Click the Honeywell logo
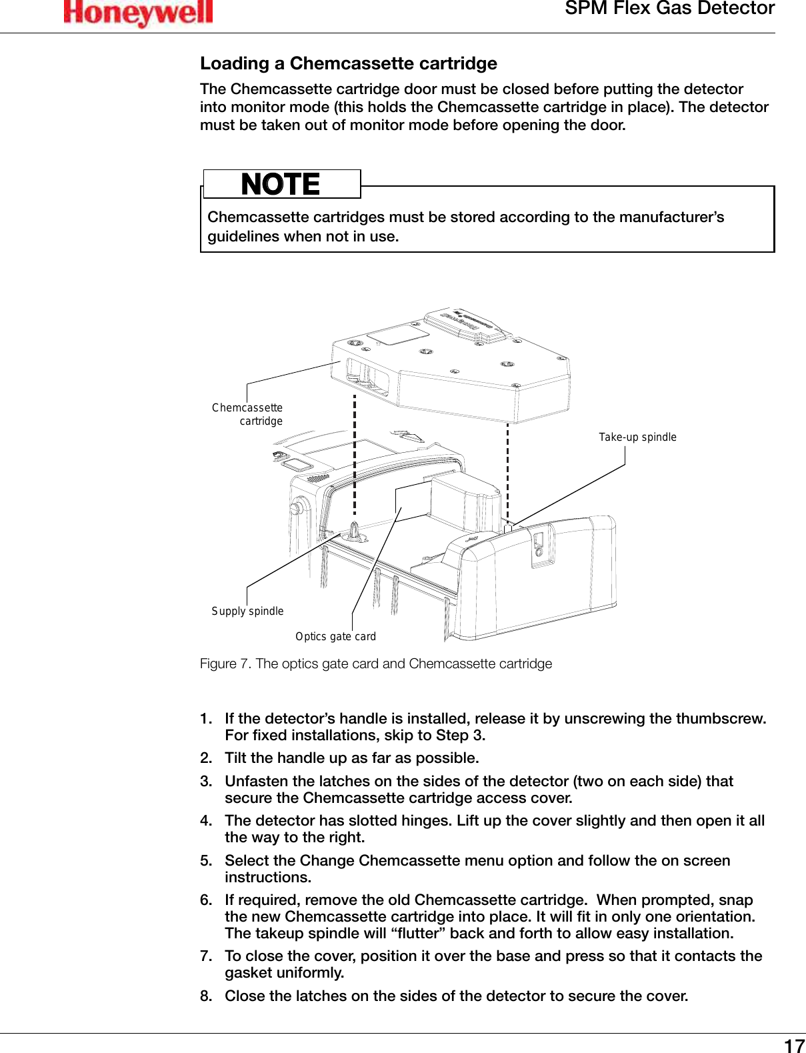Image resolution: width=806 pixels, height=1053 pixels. (x=138, y=13)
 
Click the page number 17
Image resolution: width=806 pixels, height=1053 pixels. (x=793, y=1045)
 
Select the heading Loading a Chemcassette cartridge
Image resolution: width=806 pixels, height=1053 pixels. (x=349, y=63)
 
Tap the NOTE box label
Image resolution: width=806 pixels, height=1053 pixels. (x=281, y=184)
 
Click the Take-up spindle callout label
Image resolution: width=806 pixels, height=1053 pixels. (x=637, y=437)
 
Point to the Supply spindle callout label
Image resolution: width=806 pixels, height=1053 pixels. (x=247, y=611)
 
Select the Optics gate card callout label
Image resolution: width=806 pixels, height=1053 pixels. (x=335, y=636)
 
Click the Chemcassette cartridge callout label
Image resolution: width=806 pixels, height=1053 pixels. (x=248, y=414)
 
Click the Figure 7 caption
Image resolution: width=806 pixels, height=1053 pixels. (x=376, y=664)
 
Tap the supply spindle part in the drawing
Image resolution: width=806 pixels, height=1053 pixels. (x=355, y=532)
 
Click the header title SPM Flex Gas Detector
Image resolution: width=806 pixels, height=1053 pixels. (x=669, y=9)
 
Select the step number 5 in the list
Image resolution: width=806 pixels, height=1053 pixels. (x=205, y=861)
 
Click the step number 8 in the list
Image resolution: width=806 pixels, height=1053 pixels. (x=205, y=996)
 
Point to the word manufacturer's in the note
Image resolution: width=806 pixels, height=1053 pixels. (x=671, y=217)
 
